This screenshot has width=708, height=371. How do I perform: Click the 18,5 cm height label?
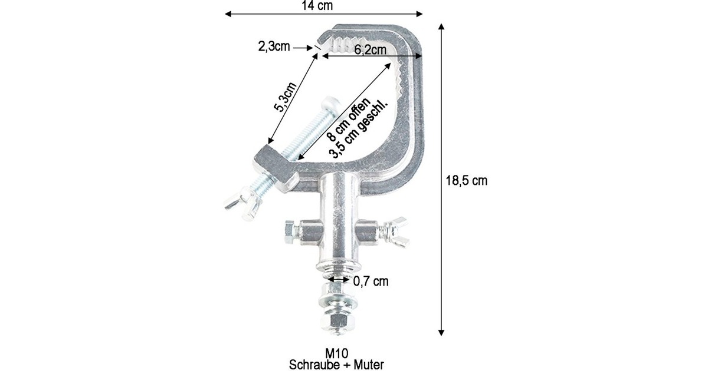(467, 181)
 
